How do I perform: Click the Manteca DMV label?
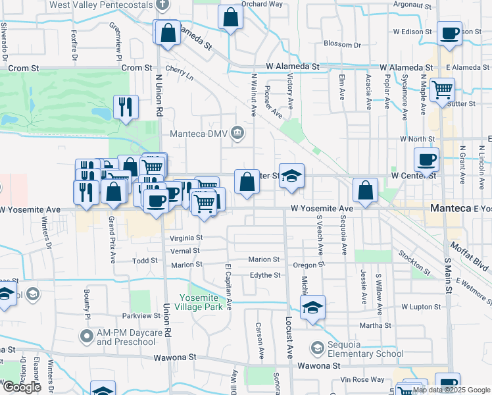point(198,134)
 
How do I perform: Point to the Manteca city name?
point(451,208)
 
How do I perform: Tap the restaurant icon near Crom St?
point(126,106)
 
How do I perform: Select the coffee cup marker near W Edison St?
point(450,34)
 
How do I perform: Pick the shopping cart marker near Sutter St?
point(442,89)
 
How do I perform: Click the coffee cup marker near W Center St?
point(426,159)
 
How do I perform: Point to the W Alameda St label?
point(293,67)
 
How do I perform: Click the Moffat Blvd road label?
point(470,256)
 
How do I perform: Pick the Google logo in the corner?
point(21,387)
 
